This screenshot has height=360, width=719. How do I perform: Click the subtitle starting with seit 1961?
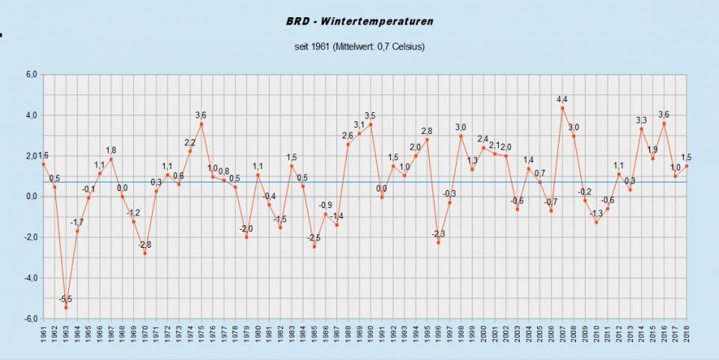(359, 47)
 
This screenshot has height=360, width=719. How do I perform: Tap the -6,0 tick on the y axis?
(31, 319)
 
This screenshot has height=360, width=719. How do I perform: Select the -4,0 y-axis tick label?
(31, 278)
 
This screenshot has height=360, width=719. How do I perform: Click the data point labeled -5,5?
(66, 308)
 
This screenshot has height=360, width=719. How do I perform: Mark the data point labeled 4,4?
(562, 108)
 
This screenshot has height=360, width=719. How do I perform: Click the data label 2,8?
(427, 132)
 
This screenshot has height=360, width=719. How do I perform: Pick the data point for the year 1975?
(201, 124)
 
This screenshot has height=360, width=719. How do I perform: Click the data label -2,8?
(144, 245)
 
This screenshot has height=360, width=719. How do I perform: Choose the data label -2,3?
(438, 234)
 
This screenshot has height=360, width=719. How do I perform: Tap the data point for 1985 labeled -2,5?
(314, 246)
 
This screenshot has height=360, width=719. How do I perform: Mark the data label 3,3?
(642, 120)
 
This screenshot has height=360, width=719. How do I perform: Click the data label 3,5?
(370, 115)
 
